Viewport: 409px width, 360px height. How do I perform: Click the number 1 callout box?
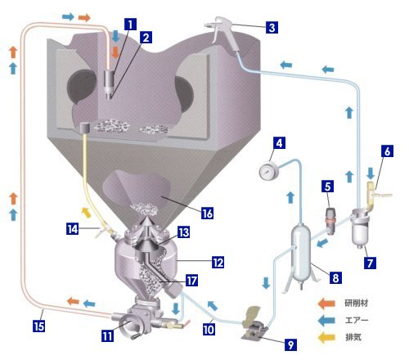tap(130, 25)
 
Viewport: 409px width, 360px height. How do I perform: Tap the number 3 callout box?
tap(272, 28)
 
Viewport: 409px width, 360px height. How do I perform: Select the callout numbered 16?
tap(207, 214)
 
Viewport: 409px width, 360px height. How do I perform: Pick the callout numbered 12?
tap(218, 263)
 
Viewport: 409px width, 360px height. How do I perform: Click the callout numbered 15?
tap(38, 326)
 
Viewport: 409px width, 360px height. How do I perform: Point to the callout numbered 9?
tap(290, 344)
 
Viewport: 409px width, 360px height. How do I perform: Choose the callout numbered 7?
tap(370, 263)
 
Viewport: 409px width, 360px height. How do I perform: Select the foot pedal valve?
tap(254, 326)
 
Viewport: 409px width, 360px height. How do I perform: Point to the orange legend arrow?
tap(326, 304)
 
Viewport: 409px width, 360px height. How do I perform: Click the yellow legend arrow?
tap(326, 337)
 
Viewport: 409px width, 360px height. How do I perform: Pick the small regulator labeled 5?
tap(330, 221)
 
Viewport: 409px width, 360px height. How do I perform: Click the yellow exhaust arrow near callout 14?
tap(87, 212)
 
